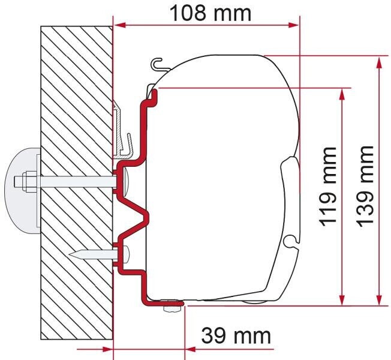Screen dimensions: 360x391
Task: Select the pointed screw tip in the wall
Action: pos(79,254)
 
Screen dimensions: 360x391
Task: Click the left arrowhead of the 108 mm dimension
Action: pos(118,25)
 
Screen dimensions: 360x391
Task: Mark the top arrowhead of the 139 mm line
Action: pos(379,61)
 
